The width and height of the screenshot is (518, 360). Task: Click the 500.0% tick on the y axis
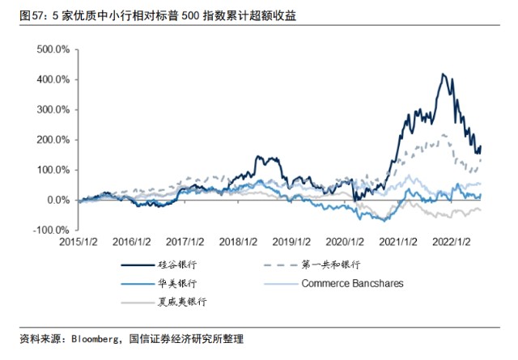point(53,49)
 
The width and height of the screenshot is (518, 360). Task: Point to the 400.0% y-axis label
point(53,79)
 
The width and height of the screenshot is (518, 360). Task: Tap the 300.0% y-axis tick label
point(53,110)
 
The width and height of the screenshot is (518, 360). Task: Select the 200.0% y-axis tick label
point(53,140)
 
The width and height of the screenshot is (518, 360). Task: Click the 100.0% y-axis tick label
point(53,170)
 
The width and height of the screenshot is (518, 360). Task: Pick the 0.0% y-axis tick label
point(58,200)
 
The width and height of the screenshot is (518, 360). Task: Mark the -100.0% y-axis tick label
point(51,231)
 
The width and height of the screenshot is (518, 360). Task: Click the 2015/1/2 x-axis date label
point(79,242)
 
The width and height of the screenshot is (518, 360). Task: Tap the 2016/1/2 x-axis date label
point(131,242)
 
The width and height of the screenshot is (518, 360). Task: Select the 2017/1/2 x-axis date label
point(185,242)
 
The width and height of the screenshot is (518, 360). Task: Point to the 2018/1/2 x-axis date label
point(238,242)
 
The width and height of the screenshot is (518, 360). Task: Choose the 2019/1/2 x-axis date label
point(291,242)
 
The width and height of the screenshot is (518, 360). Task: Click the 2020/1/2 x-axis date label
point(345,242)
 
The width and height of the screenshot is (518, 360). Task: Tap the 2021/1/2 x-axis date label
point(398,242)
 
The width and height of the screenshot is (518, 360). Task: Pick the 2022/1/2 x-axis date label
point(452,242)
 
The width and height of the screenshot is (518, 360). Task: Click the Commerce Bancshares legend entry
point(333,284)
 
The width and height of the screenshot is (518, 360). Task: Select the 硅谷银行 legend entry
point(159,265)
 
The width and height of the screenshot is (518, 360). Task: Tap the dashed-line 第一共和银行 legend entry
point(312,265)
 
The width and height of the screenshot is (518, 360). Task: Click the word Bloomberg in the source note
point(95,339)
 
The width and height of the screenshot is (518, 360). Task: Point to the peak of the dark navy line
point(443,74)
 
